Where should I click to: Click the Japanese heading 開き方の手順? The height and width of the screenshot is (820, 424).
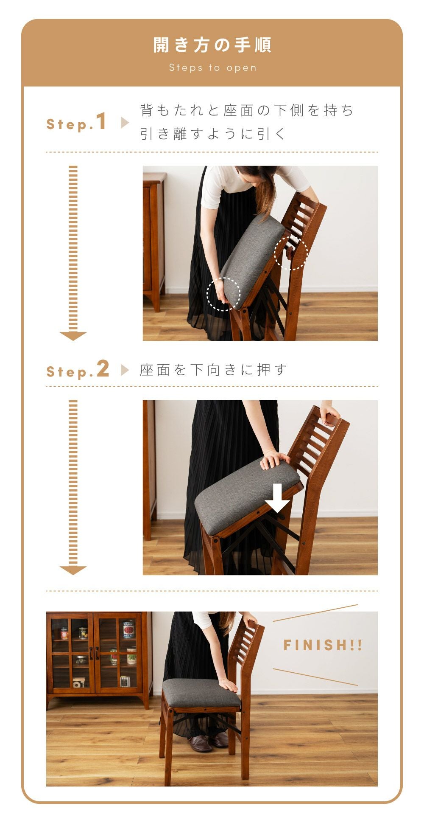(x=212, y=45)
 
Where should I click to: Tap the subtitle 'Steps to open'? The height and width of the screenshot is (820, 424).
(x=213, y=68)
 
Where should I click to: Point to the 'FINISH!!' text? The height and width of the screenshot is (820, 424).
(x=323, y=645)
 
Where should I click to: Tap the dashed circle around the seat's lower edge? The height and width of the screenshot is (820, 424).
(x=223, y=294)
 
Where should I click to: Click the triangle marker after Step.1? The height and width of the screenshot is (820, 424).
(x=125, y=123)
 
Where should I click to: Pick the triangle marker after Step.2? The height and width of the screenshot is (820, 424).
(x=125, y=370)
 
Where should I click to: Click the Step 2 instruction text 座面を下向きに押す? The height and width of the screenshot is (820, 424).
(x=213, y=370)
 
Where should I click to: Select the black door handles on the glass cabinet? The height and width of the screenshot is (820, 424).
(x=94, y=653)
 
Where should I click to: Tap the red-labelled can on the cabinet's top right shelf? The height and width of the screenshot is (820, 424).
(x=128, y=629)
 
